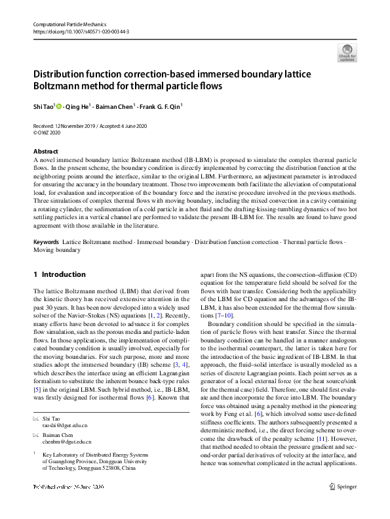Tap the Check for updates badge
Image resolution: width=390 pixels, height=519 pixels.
point(347,53)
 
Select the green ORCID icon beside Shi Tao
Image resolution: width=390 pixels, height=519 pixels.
point(59,106)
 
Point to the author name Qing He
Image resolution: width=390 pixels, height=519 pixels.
point(77,106)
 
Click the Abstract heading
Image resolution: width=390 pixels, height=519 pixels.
point(45,151)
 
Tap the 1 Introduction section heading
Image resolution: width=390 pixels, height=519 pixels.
point(59,274)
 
